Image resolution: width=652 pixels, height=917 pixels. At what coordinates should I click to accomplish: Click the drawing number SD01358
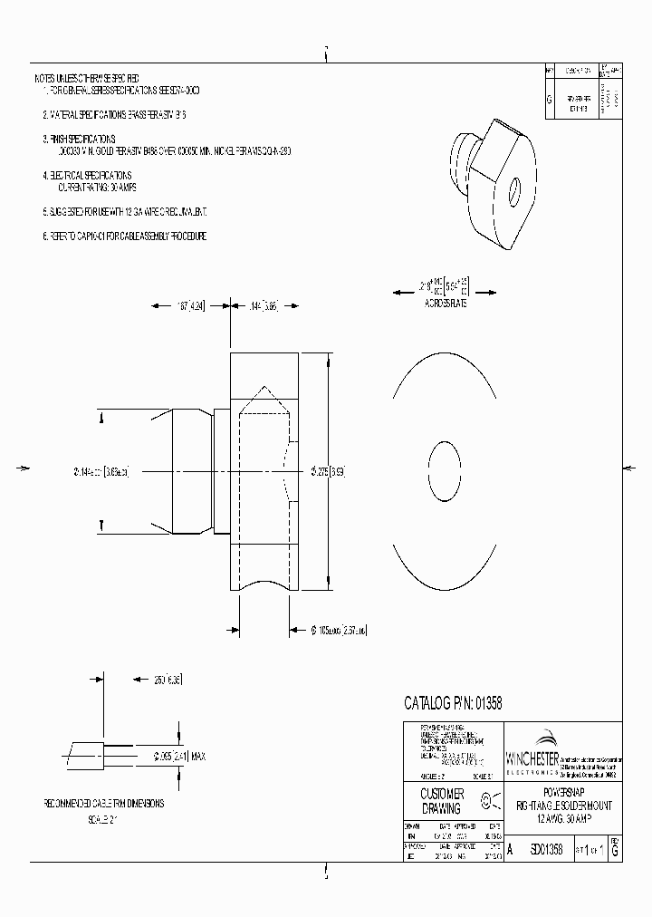click(x=542, y=850)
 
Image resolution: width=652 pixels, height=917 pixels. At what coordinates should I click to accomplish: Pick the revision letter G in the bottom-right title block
click(x=615, y=851)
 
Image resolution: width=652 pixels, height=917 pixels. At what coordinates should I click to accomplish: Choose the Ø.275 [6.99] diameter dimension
click(x=327, y=471)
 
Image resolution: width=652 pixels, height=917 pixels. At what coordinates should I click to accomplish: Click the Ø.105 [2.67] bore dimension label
click(x=334, y=630)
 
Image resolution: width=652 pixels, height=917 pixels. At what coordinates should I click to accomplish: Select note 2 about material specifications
click(x=114, y=116)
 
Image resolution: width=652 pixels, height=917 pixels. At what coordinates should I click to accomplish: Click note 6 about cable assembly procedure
click(x=124, y=236)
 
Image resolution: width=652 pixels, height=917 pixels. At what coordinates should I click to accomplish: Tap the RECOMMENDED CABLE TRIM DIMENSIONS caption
click(x=109, y=803)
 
